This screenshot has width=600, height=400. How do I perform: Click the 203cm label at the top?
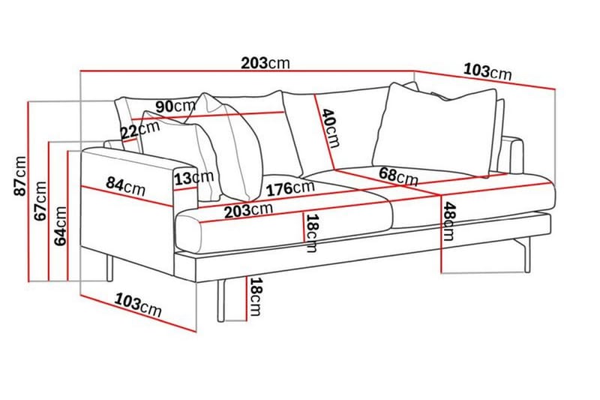(265, 64)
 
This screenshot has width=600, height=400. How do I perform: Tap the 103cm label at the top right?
(487, 71)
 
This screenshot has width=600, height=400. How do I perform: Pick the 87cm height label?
(20, 175)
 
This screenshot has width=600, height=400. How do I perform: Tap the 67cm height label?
(41, 200)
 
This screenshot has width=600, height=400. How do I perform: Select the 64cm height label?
(61, 225)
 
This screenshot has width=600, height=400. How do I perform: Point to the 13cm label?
(193, 178)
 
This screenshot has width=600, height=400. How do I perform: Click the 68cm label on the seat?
(398, 176)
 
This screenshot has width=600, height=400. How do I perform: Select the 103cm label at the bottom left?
(138, 304)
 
